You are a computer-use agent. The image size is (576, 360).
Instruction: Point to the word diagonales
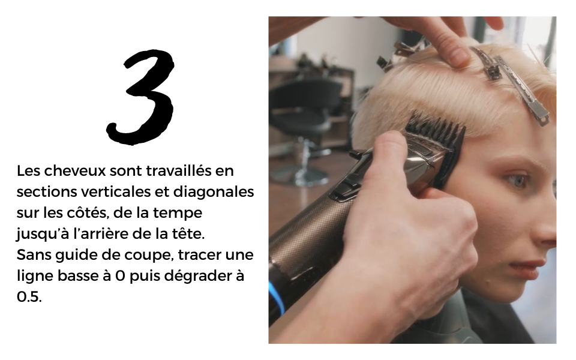click(x=214, y=192)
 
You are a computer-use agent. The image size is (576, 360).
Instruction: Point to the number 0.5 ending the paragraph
click(x=29, y=297)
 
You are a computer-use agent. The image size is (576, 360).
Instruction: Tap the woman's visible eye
click(x=516, y=179)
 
